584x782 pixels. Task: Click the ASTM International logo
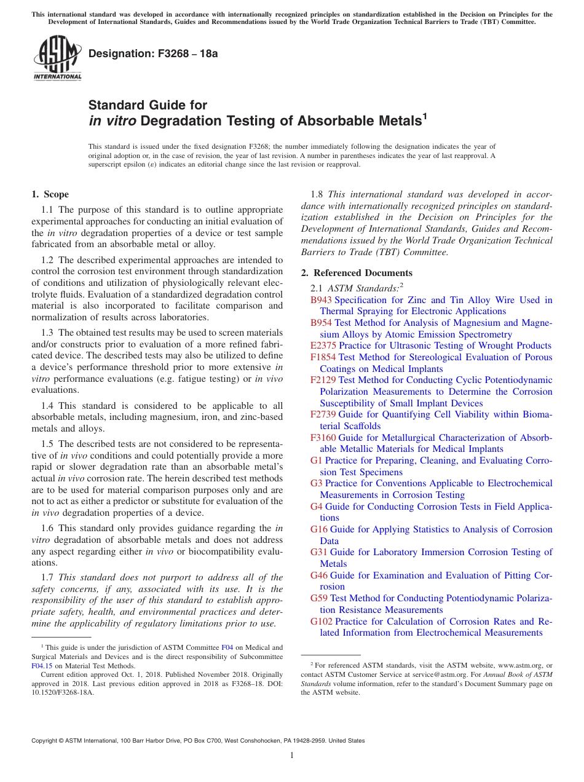pyautogui.click(x=57, y=58)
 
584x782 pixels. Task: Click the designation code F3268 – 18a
pyautogui.click(x=153, y=54)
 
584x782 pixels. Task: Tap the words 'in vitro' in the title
pyautogui.click(x=112, y=121)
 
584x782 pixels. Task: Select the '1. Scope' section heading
pyautogui.click(x=50, y=194)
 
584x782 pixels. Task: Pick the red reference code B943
pyautogui.click(x=321, y=300)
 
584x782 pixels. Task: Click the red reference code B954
pyautogui.click(x=321, y=323)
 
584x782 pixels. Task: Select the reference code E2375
pyautogui.click(x=323, y=346)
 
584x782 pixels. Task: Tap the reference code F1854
pyautogui.click(x=323, y=357)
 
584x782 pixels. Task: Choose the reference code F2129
pyautogui.click(x=323, y=380)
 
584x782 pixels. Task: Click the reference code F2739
pyautogui.click(x=323, y=414)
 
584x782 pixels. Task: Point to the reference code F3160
pyautogui.click(x=323, y=438)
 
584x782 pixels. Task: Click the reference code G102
pyautogui.click(x=321, y=621)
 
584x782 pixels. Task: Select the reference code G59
pyautogui.click(x=318, y=598)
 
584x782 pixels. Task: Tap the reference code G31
pyautogui.click(x=318, y=552)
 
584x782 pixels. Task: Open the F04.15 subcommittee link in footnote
pyautogui.click(x=42, y=665)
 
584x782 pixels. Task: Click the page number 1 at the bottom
pyautogui.click(x=292, y=755)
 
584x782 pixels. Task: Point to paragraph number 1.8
pyautogui.click(x=317, y=194)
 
